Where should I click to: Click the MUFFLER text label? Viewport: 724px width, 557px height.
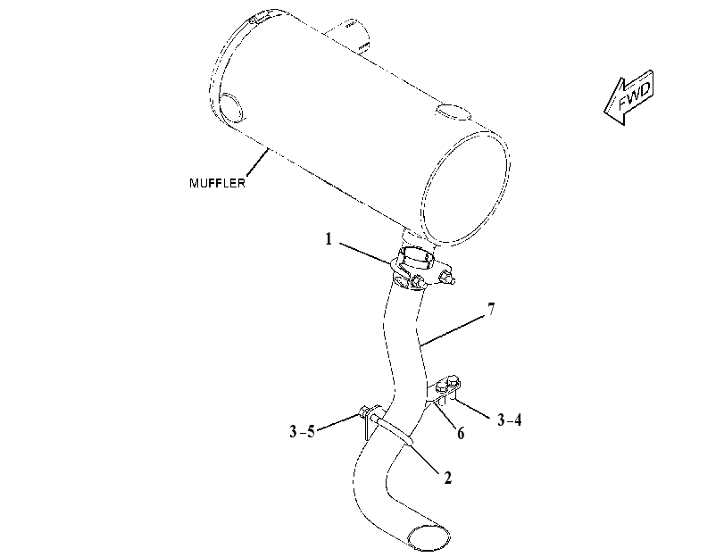(x=217, y=183)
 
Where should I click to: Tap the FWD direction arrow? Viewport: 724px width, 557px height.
(x=629, y=97)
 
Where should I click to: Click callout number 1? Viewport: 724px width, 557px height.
(x=329, y=239)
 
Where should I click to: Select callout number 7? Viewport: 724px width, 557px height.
(x=491, y=309)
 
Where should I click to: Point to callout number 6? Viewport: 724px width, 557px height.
(x=461, y=433)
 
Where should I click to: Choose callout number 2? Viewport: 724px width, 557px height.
(x=447, y=478)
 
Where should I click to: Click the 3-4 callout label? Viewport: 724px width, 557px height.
(x=509, y=420)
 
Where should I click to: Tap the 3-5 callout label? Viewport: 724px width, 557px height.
(x=302, y=431)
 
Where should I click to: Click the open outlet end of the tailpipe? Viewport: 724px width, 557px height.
(x=429, y=536)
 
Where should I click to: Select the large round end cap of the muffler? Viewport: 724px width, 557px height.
(x=465, y=187)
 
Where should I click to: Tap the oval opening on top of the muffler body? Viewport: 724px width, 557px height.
(x=453, y=112)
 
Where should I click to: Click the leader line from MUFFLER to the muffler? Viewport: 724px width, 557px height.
(x=258, y=162)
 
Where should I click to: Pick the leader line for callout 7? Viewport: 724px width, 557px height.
(x=454, y=330)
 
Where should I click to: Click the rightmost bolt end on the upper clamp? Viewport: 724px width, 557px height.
(x=448, y=278)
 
